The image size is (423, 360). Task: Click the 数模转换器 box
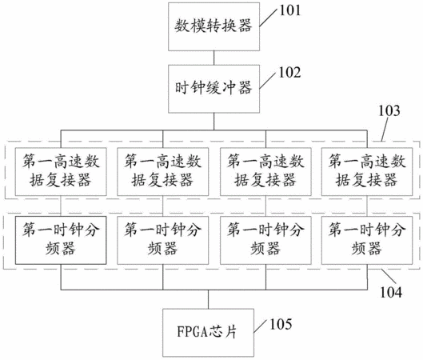tap(214, 26)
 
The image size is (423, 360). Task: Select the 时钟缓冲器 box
tap(214, 89)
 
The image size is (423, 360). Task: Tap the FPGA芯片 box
tap(208, 333)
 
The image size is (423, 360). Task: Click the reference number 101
tap(290, 10)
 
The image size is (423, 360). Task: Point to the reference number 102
tap(289, 73)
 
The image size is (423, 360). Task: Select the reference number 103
tap(389, 110)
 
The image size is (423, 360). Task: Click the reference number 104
tap(391, 292)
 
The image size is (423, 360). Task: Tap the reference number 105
tap(281, 324)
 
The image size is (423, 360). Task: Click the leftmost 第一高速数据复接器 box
tap(61, 172)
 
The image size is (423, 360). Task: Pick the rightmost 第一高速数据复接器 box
tap(367, 172)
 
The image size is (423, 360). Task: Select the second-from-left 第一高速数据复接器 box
tap(162, 172)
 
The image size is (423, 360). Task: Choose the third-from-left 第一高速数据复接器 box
tap(265, 172)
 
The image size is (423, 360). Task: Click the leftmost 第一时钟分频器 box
tap(61, 240)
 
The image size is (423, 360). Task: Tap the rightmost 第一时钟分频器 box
tap(367, 240)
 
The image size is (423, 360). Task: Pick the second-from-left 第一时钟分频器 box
tap(162, 240)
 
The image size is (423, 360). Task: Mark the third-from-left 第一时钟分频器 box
tap(265, 240)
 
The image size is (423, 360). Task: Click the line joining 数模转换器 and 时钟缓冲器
tap(214, 58)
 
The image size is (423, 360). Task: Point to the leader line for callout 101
tap(268, 18)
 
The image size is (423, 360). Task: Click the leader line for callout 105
tap(261, 326)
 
